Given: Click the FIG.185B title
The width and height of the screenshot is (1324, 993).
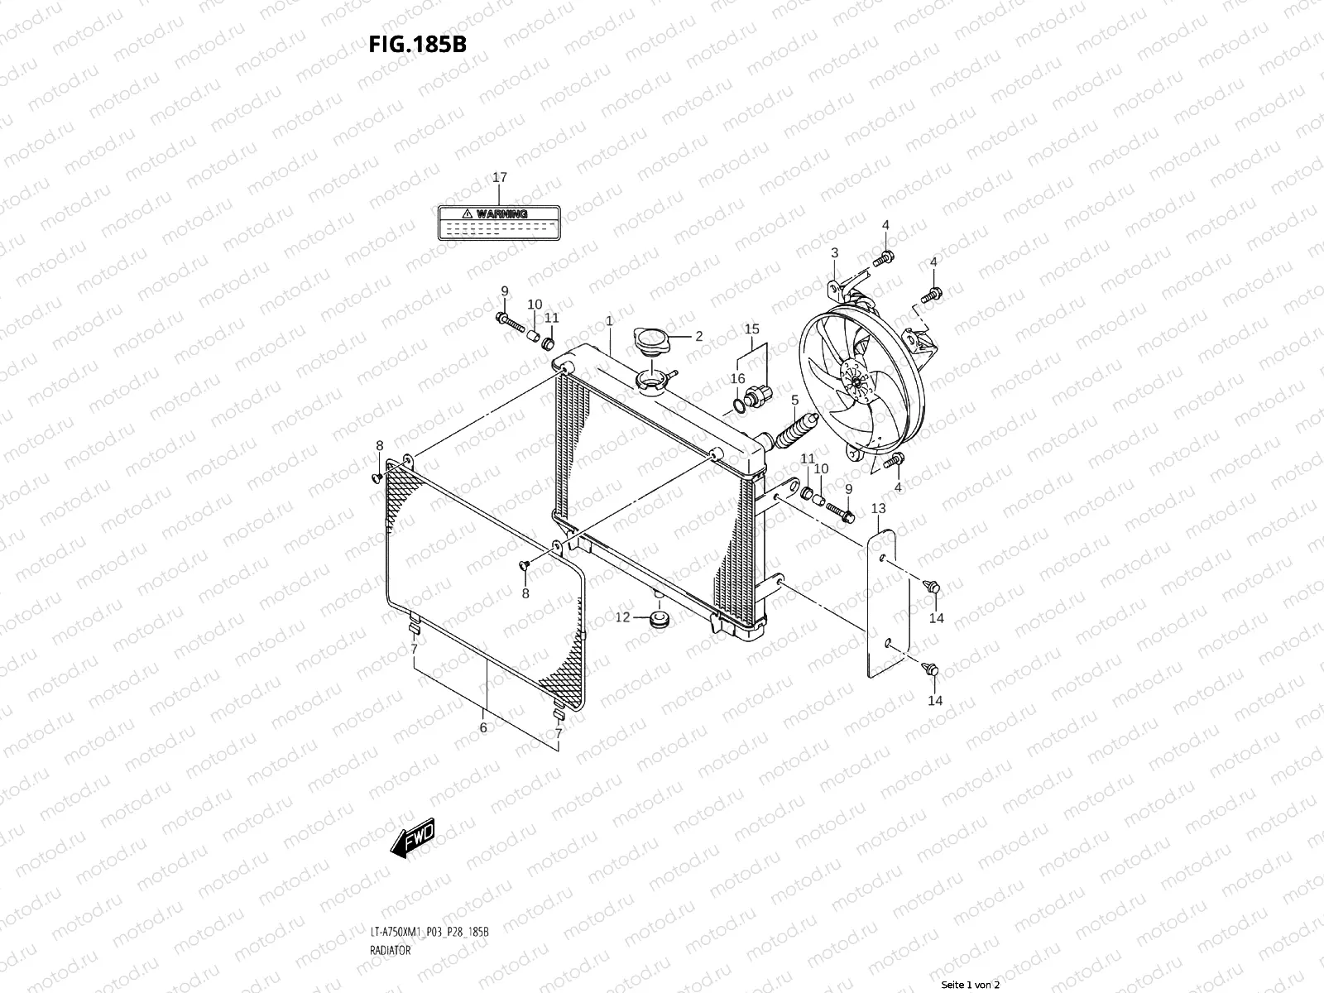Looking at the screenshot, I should pos(417,45).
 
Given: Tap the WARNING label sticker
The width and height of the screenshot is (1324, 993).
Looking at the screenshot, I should pos(499,222).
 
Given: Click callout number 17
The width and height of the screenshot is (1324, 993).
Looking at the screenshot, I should pos(499,178).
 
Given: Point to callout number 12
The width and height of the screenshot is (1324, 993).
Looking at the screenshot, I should pos(622,617).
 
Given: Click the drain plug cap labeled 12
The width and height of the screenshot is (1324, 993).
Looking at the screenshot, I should pos(660,620).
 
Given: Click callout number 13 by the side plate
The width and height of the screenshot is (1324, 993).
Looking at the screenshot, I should pos(878,508).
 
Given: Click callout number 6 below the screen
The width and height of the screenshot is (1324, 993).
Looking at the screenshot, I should pos(482,728).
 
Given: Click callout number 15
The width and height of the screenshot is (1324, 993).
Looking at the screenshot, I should pos(751,329).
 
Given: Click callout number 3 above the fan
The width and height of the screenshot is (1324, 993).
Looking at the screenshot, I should pos(834,253).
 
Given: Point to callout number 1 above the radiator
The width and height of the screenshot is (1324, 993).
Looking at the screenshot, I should pos(609,320).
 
